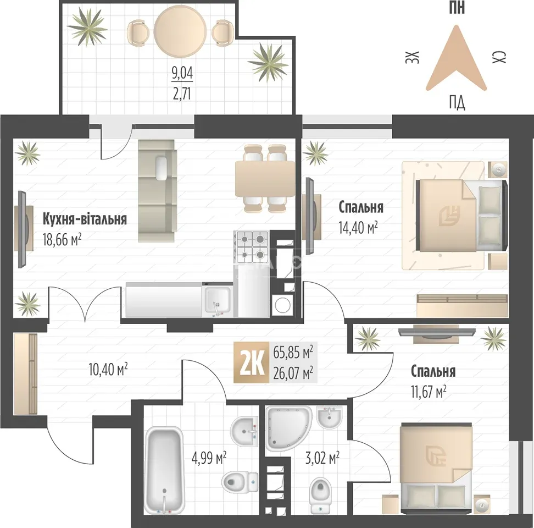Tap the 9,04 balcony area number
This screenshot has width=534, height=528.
(x=182, y=73)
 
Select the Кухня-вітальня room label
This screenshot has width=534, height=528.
(x=85, y=219)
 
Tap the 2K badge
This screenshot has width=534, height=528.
(x=251, y=362)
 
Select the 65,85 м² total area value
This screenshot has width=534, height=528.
(x=293, y=352)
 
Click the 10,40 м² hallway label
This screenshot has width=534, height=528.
(x=108, y=369)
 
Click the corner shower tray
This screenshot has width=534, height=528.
(x=288, y=428)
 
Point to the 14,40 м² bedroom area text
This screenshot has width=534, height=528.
(x=358, y=228)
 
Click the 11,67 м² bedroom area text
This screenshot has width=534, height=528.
(x=429, y=392)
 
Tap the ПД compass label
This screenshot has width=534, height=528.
(x=457, y=102)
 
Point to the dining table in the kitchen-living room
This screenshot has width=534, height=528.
(x=265, y=179)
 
